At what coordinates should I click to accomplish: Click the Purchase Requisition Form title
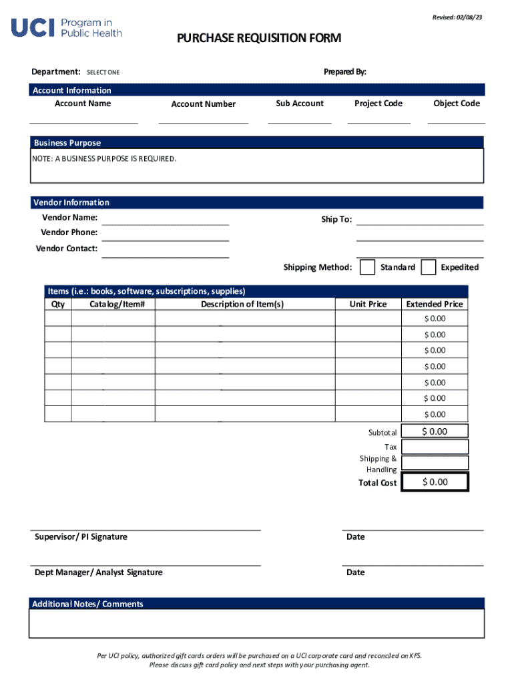click(258, 39)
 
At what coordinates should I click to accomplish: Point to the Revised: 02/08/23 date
click(457, 17)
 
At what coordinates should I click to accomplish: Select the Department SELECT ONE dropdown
click(103, 72)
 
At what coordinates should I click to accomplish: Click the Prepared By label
click(344, 72)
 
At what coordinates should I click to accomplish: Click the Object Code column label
click(456, 104)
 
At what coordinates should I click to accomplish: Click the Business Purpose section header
click(67, 143)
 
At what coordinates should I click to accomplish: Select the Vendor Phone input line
click(165, 234)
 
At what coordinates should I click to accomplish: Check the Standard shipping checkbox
click(367, 267)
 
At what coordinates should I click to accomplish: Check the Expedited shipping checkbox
click(429, 267)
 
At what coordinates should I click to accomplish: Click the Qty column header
click(58, 304)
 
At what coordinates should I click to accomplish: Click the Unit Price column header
click(368, 304)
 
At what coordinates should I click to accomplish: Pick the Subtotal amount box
click(435, 432)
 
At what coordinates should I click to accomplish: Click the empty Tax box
click(435, 447)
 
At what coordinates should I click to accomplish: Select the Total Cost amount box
click(435, 482)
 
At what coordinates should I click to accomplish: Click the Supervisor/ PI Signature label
click(81, 537)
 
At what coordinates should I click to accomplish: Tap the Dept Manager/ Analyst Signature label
click(98, 572)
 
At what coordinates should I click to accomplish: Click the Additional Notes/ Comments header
click(87, 604)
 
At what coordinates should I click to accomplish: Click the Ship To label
click(336, 220)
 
